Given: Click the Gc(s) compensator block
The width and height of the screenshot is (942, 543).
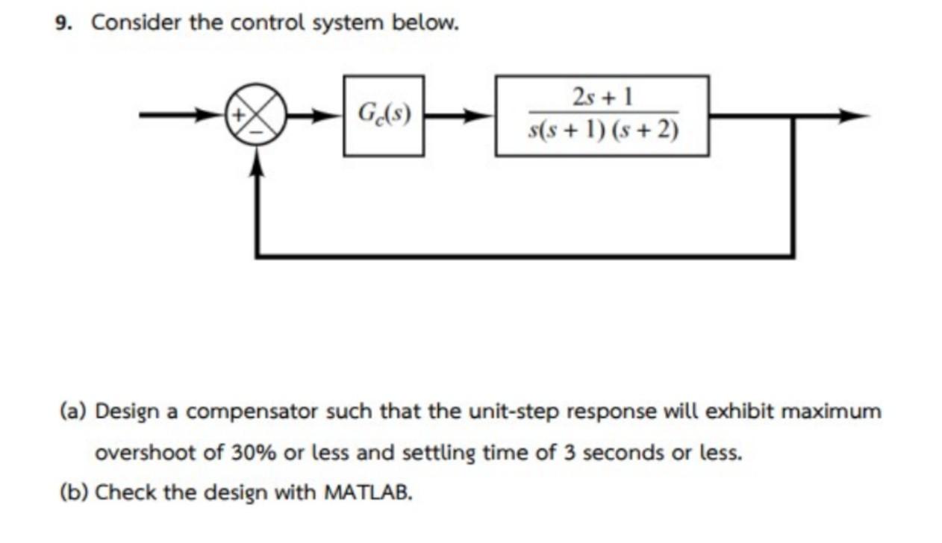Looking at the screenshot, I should click(x=384, y=116).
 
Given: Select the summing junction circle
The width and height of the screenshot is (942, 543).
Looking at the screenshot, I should click(x=257, y=116).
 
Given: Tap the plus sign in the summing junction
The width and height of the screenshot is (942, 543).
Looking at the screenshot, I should click(x=242, y=116).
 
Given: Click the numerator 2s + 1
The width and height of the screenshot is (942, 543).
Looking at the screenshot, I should click(x=602, y=97).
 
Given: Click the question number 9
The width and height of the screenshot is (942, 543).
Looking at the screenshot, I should click(x=63, y=23).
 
